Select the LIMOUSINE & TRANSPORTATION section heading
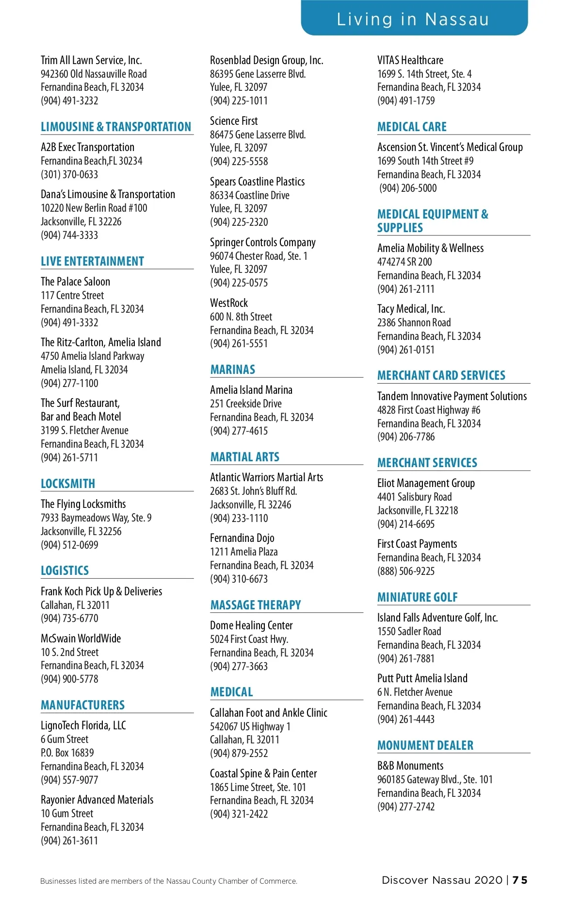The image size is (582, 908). pos(116,127)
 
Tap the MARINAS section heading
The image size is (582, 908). pos(233,370)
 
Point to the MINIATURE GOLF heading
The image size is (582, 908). pos(418,597)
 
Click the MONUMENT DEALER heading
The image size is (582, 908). pos(425,745)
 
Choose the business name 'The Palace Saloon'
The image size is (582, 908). pos(75,282)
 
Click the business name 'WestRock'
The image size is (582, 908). pos(229,303)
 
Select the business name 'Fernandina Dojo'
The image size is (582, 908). pos(242,538)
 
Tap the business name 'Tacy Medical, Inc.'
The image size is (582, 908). pos(411,309)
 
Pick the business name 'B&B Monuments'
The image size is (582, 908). pos(410,766)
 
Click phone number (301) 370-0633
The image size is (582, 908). pos(69,174)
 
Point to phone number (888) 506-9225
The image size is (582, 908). pos(406,571)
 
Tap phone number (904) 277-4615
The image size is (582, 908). pos(239,431)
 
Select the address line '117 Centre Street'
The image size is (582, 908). pos(72,295)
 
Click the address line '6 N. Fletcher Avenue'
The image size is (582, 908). pos(415,692)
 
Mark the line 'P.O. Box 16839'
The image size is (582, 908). pos(67,753)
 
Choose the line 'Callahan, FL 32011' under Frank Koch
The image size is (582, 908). pos(75,605)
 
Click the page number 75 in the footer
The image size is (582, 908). pos(520,880)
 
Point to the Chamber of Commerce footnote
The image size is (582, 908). pos(169,881)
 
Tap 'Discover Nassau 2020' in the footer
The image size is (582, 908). pos(442,880)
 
